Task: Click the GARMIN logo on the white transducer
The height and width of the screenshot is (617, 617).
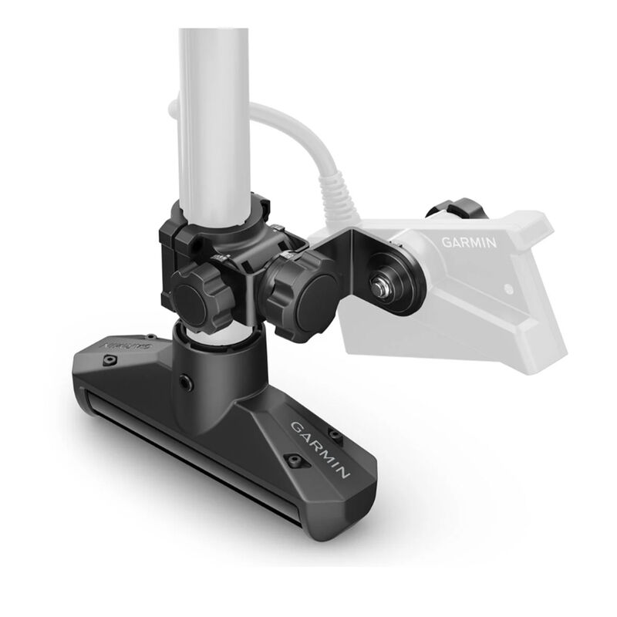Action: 470,241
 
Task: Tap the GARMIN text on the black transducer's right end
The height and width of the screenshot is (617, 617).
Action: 321,447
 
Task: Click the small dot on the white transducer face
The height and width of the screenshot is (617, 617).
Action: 507,289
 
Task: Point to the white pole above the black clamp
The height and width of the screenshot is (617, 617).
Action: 214,116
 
